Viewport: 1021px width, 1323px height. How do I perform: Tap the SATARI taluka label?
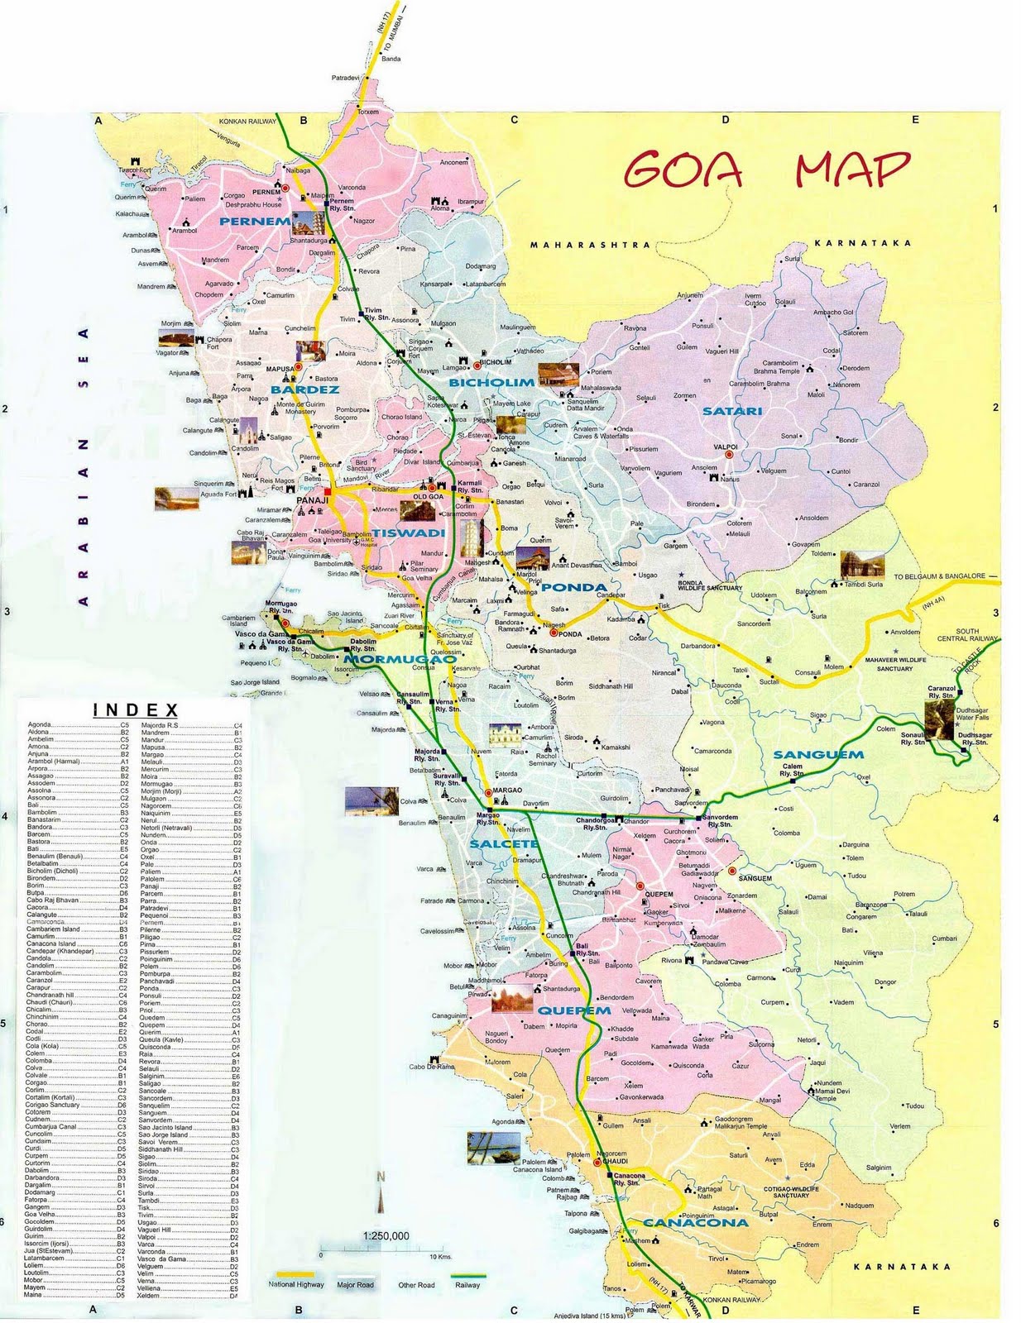point(731,411)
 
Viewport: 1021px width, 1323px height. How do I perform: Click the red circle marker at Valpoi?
point(730,455)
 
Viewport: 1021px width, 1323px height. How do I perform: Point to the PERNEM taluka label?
point(255,221)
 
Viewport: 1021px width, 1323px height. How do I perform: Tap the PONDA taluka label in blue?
point(573,587)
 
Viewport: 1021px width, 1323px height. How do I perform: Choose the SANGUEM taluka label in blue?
point(817,754)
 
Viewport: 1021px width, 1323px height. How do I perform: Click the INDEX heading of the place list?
point(136,710)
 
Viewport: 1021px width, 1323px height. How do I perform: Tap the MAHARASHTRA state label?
point(590,245)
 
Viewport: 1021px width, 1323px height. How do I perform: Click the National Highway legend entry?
point(295,1284)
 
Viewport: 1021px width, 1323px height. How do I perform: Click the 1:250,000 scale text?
point(386,1236)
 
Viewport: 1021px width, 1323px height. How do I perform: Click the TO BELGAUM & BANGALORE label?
point(939,576)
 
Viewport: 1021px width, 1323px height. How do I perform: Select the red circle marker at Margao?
point(488,792)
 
